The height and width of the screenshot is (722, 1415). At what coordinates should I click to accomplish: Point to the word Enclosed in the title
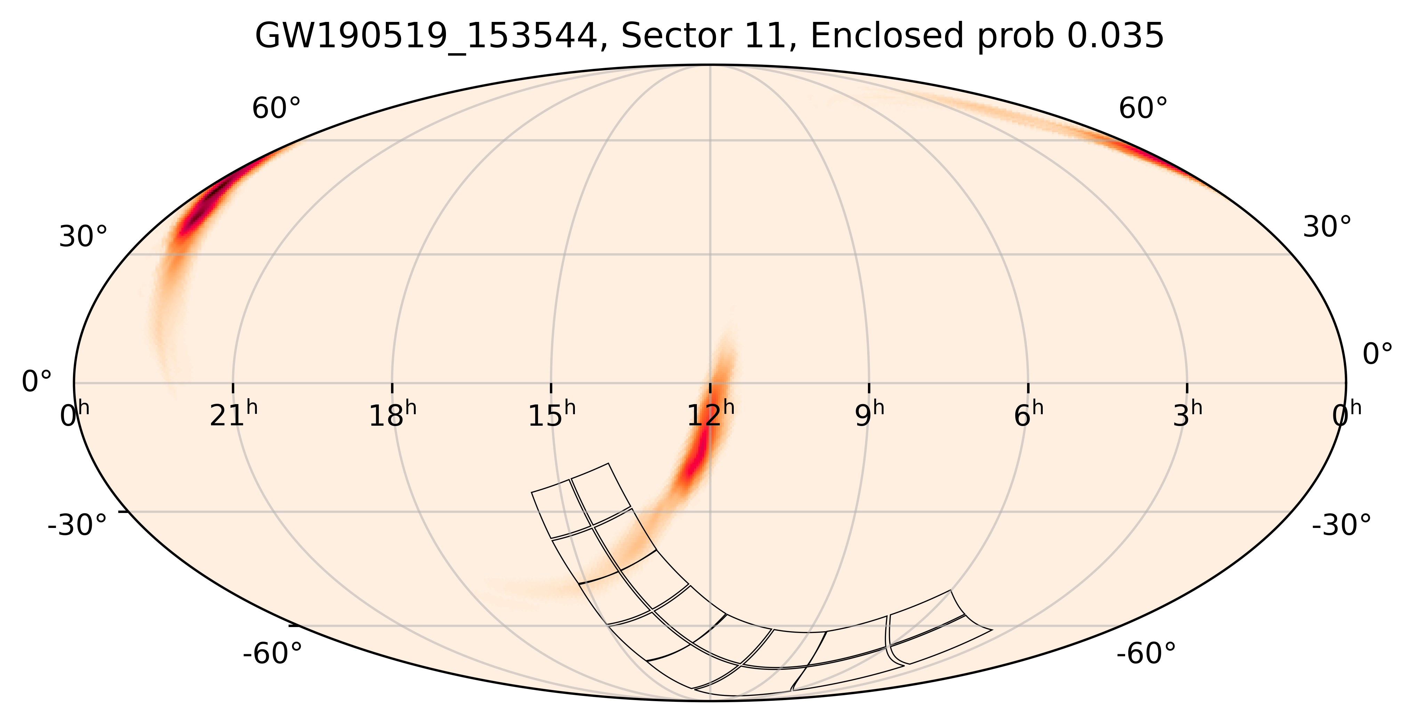[x=887, y=37]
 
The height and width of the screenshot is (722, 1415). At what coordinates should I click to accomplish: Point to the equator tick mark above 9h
[x=869, y=387]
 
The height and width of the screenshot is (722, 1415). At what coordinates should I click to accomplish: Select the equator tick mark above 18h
[x=392, y=387]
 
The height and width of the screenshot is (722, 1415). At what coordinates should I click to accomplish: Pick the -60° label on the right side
[x=1146, y=654]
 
